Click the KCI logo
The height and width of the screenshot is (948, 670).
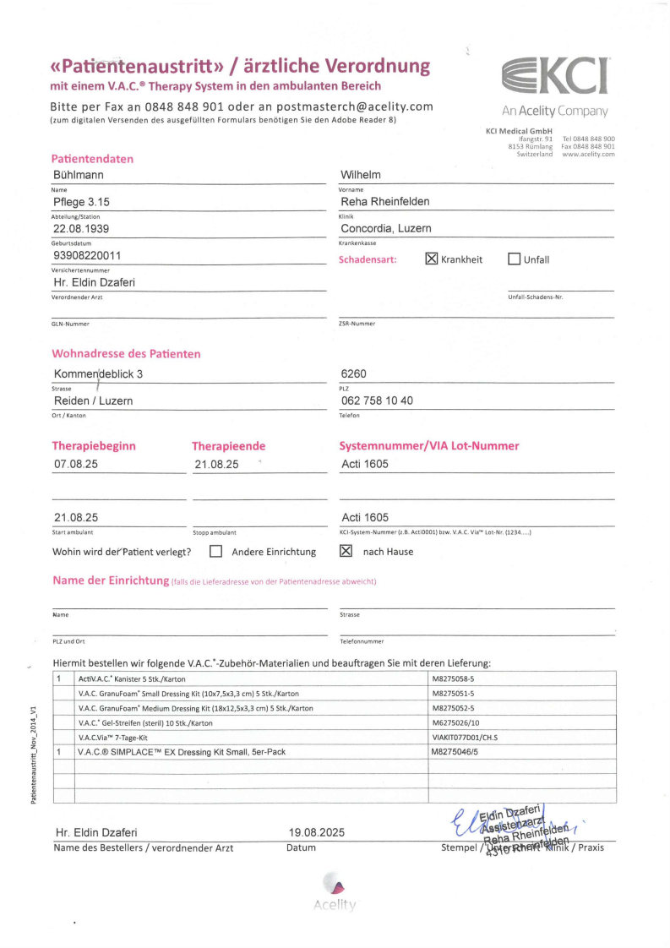[555, 79]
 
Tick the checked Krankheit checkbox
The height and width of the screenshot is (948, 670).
[431, 259]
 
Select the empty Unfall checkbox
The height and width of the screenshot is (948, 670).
[514, 259]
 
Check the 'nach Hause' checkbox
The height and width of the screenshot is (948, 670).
[346, 551]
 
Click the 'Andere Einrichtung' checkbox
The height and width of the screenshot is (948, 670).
[215, 551]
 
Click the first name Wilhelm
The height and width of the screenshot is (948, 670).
[361, 175]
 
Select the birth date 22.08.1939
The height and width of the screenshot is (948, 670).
[81, 228]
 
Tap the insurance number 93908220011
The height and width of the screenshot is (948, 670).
[87, 254]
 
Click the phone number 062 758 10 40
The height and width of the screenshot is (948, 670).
[377, 400]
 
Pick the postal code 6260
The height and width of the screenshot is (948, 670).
[354, 373]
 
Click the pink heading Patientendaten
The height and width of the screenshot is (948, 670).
[92, 158]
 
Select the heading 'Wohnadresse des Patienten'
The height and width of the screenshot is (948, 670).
[126, 353]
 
